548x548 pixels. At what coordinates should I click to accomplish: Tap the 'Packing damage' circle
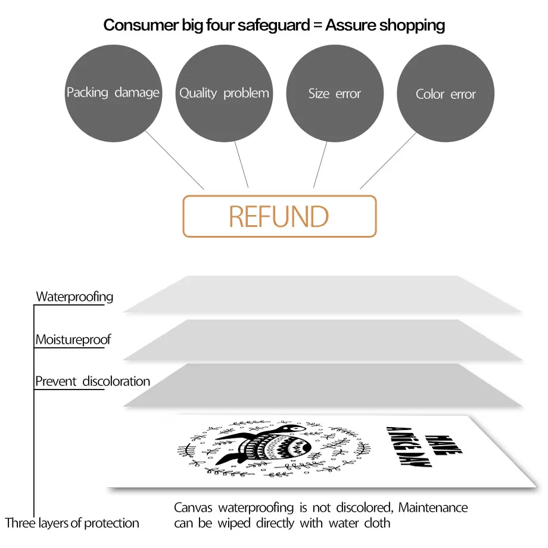point(113,94)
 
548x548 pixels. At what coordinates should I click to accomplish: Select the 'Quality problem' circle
point(224,94)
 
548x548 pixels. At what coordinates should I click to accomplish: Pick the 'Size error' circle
point(335,94)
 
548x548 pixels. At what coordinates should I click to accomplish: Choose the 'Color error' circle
point(446,94)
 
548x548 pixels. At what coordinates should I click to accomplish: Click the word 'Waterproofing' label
point(74,297)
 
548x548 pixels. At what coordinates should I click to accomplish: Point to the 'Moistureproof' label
point(73,340)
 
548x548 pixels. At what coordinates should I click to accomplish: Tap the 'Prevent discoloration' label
point(92,381)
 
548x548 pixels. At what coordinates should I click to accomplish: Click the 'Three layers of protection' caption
point(72,523)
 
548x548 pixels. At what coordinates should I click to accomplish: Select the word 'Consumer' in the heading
point(141,25)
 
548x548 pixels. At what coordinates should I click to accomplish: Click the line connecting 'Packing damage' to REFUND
point(175,160)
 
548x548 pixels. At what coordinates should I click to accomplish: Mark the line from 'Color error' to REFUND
point(388,160)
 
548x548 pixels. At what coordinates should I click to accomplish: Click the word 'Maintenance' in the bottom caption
point(433,507)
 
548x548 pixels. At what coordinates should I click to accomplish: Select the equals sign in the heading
point(317,26)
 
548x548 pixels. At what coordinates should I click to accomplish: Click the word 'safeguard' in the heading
point(273,26)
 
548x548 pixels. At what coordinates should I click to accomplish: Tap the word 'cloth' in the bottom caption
point(377,523)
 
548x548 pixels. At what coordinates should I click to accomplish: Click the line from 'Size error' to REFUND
point(320,164)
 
